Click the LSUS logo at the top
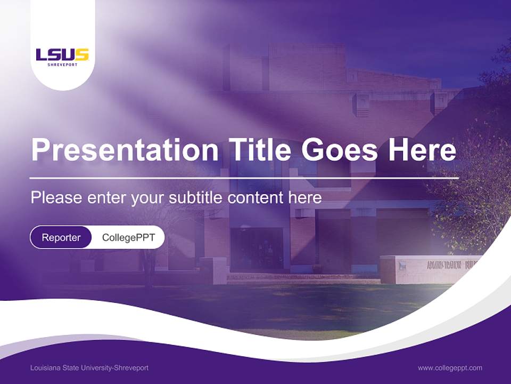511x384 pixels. click(62, 55)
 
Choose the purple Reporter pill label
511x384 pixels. click(61, 237)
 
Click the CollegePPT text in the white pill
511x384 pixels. click(128, 237)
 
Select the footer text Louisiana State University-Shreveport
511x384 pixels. click(89, 368)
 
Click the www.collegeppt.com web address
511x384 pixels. click(450, 368)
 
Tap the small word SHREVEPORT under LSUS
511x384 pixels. click(62, 65)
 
